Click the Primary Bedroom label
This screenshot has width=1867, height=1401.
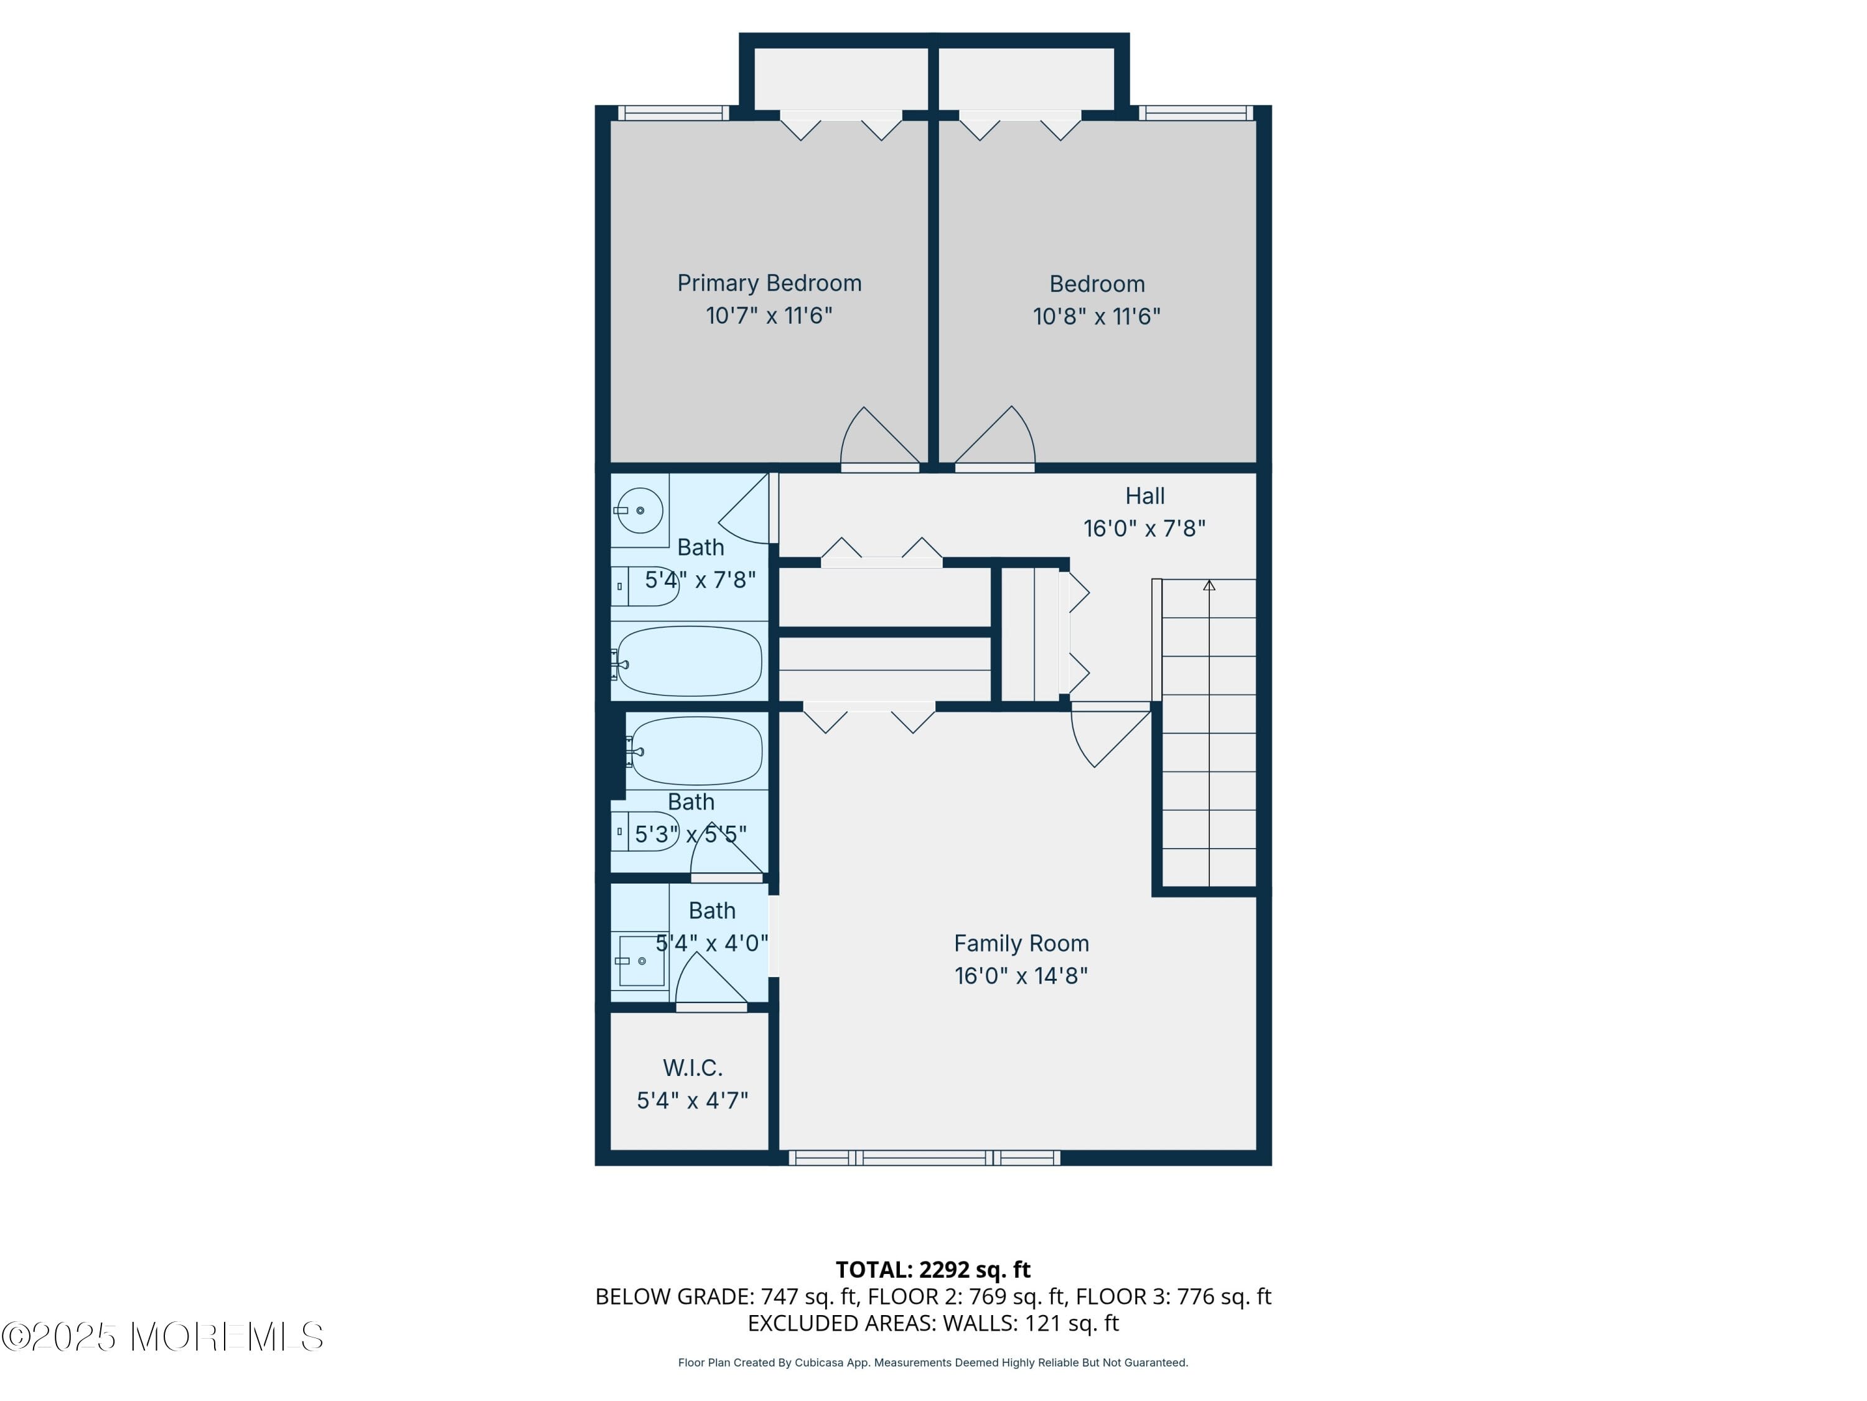click(x=769, y=283)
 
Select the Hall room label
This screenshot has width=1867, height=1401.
click(x=1144, y=496)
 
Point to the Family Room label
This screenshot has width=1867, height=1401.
click(x=1021, y=943)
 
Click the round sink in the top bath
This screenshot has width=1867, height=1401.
click(x=639, y=510)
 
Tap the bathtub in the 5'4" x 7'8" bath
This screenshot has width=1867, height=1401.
click(x=690, y=661)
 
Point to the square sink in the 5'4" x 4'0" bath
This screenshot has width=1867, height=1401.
click(x=642, y=960)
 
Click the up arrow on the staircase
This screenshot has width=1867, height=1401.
click(x=1209, y=585)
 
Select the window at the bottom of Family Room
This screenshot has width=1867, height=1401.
click(x=924, y=1158)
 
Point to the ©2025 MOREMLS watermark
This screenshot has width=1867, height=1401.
click(x=162, y=1337)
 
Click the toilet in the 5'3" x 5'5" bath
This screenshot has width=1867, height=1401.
click(x=646, y=831)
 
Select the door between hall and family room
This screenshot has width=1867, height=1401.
click(x=1109, y=735)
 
